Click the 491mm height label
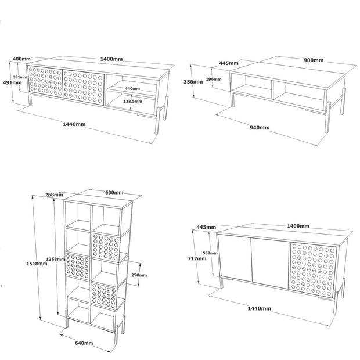tap(12, 82)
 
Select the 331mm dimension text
tap(20, 77)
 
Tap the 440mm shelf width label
tap(132, 88)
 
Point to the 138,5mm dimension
tap(132, 101)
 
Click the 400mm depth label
tap(21, 59)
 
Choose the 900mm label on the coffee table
tap(314, 60)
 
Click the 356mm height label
tap(193, 82)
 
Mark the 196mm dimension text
tap(214, 79)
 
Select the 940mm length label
tap(260, 128)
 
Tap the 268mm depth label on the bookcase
tap(54, 195)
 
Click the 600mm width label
tap(114, 192)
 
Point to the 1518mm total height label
tap(37, 264)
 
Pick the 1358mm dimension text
tap(56, 259)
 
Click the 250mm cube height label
tap(139, 275)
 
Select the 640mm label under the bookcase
tap(84, 343)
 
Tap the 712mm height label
tap(197, 258)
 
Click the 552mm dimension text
tap(210, 253)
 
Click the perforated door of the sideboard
tap(313, 271)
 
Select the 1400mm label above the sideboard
tap(298, 226)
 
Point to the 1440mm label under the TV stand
tap(74, 124)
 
